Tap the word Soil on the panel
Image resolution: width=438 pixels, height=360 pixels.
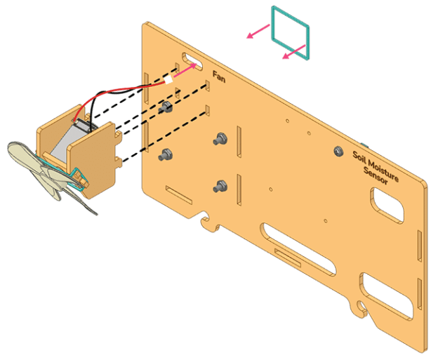pos(359,154)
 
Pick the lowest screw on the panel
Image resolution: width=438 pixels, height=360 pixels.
pos(221,186)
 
